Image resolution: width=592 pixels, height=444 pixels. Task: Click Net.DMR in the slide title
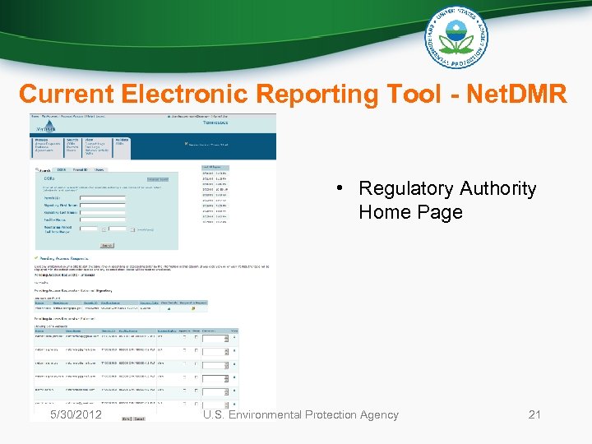(x=516, y=94)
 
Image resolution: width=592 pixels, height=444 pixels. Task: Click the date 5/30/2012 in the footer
(x=76, y=414)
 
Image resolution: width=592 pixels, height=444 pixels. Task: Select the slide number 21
(x=534, y=414)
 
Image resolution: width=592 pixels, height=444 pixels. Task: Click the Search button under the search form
(x=106, y=245)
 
